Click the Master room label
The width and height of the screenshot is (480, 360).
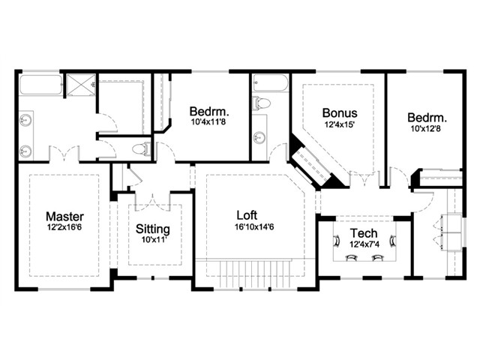pos(65,217)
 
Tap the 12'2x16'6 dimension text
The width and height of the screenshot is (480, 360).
pos(64,227)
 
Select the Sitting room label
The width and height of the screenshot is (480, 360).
pos(153,229)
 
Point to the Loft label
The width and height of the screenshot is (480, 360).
pos(247,215)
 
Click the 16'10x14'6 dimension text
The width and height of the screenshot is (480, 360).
pos(254,227)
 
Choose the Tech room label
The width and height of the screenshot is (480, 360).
pos(364,233)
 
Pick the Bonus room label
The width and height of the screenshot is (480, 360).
pos(340,113)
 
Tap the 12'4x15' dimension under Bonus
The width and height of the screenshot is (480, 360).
pos(340,124)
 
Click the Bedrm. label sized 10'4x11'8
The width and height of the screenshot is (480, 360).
pos(209,111)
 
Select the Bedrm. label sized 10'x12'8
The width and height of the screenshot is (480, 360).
pos(427,118)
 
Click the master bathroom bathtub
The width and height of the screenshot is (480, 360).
pos(41,85)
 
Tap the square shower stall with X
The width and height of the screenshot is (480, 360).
pos(82,85)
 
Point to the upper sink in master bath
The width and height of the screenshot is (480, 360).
pos(25,120)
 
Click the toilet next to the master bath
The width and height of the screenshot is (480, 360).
pos(142,149)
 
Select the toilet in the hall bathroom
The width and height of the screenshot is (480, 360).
pos(261,103)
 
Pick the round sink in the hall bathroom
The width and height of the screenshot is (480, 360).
pos(259,137)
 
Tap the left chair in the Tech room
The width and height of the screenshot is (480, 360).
pos(336,240)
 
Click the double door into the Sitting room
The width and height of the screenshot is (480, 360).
pos(153,202)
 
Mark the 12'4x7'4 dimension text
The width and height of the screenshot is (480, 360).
pos(364,245)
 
